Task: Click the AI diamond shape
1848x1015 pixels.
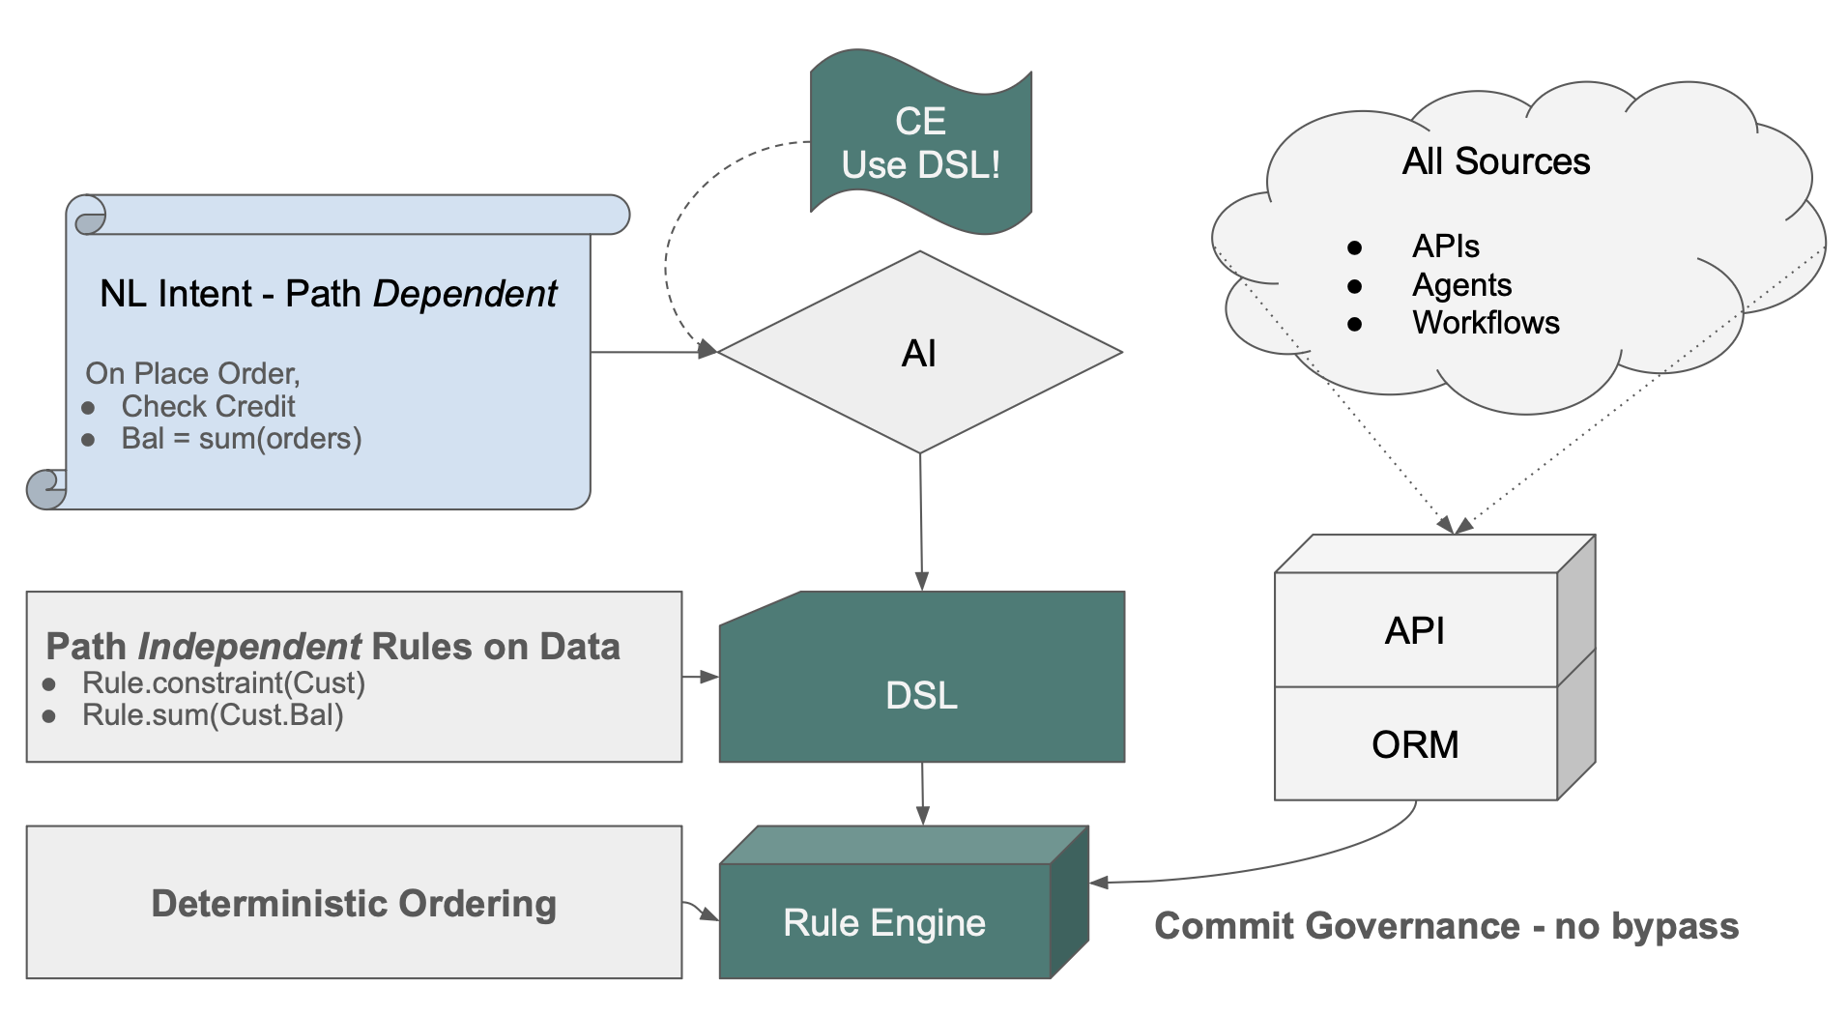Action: (919, 353)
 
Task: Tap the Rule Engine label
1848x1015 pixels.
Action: (883, 922)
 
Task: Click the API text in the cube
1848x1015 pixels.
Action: (1414, 630)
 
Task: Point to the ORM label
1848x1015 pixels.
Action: (1414, 744)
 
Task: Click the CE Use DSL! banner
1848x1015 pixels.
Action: (920, 143)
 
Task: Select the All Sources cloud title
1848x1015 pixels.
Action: (1495, 161)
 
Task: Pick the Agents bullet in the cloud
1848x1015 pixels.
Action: (1460, 285)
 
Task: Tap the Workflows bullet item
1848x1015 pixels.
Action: (1485, 323)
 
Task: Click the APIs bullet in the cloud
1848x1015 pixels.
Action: (1445, 246)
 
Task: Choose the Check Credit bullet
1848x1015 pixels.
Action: (208, 406)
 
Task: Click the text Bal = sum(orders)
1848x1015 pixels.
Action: (241, 439)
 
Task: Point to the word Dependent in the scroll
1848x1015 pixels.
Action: (465, 294)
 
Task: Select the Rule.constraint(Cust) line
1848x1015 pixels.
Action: (223, 683)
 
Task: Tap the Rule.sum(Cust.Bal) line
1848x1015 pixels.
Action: (213, 715)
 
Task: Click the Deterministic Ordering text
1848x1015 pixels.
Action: (354, 903)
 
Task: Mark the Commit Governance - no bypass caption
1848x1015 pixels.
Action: (1446, 926)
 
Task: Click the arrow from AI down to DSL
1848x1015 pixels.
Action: (921, 522)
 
